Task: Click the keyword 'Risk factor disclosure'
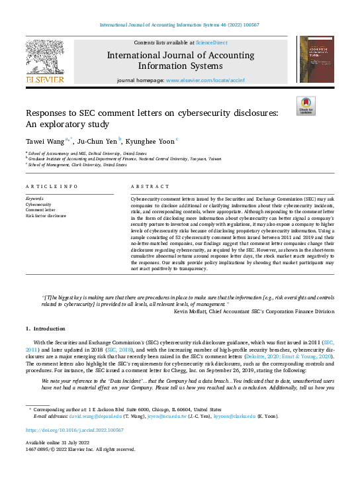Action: [x=46, y=216]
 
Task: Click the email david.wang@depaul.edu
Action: [x=87, y=416]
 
